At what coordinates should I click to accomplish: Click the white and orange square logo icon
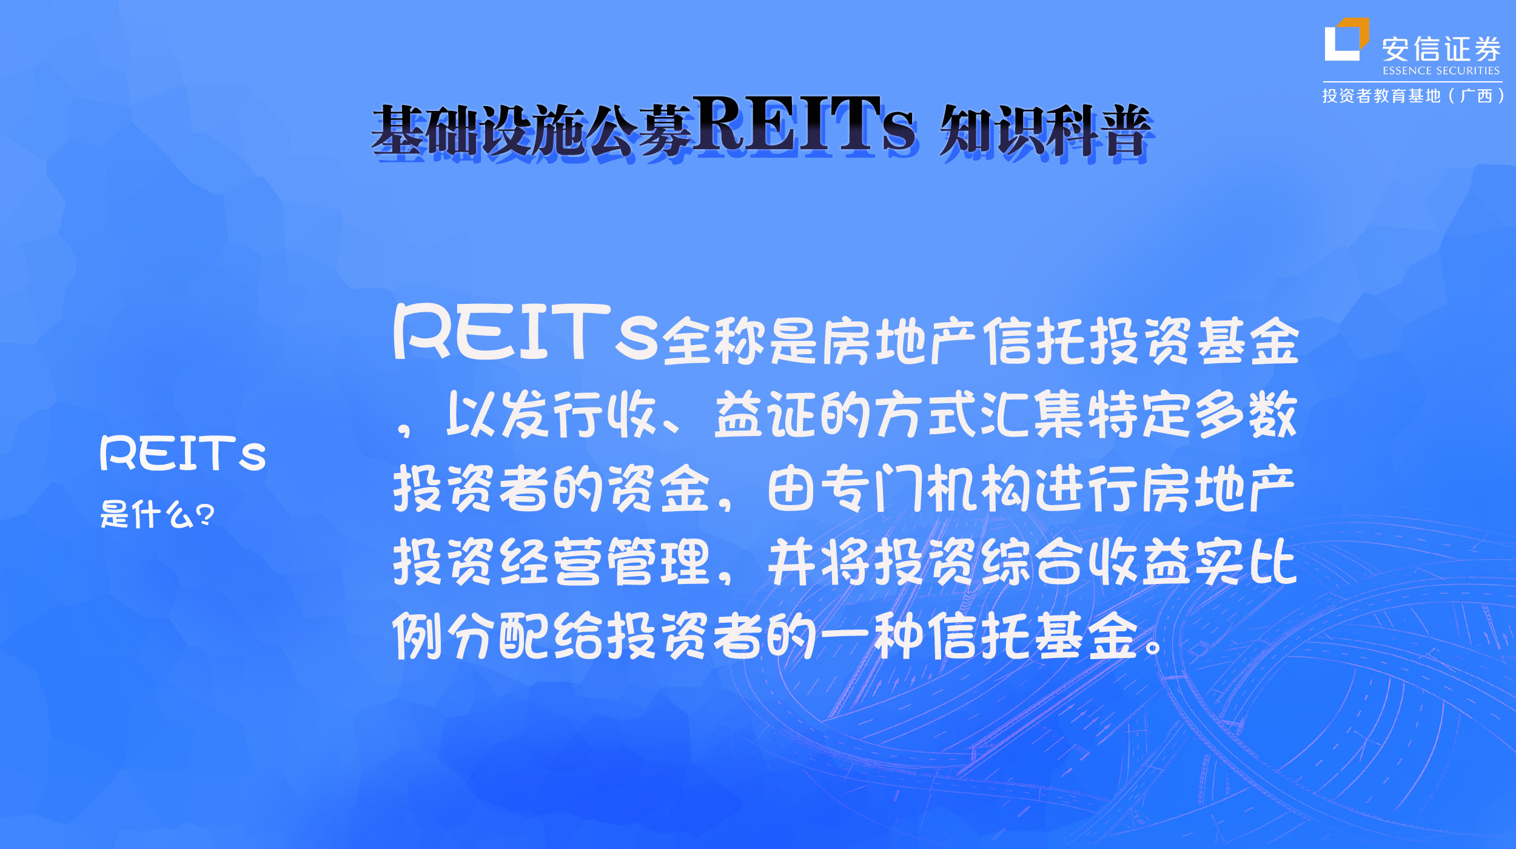pos(1346,40)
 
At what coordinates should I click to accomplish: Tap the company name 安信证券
pos(1441,49)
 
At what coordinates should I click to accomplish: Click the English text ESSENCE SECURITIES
pos(1441,71)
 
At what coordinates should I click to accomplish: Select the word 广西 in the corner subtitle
pos(1477,96)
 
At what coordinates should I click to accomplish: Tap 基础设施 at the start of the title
pos(479,130)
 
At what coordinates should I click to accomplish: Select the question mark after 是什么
pos(205,515)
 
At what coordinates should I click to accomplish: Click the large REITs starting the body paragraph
pos(525,332)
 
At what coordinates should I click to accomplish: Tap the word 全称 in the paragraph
pos(714,341)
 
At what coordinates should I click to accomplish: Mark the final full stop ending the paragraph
pos(1153,646)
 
